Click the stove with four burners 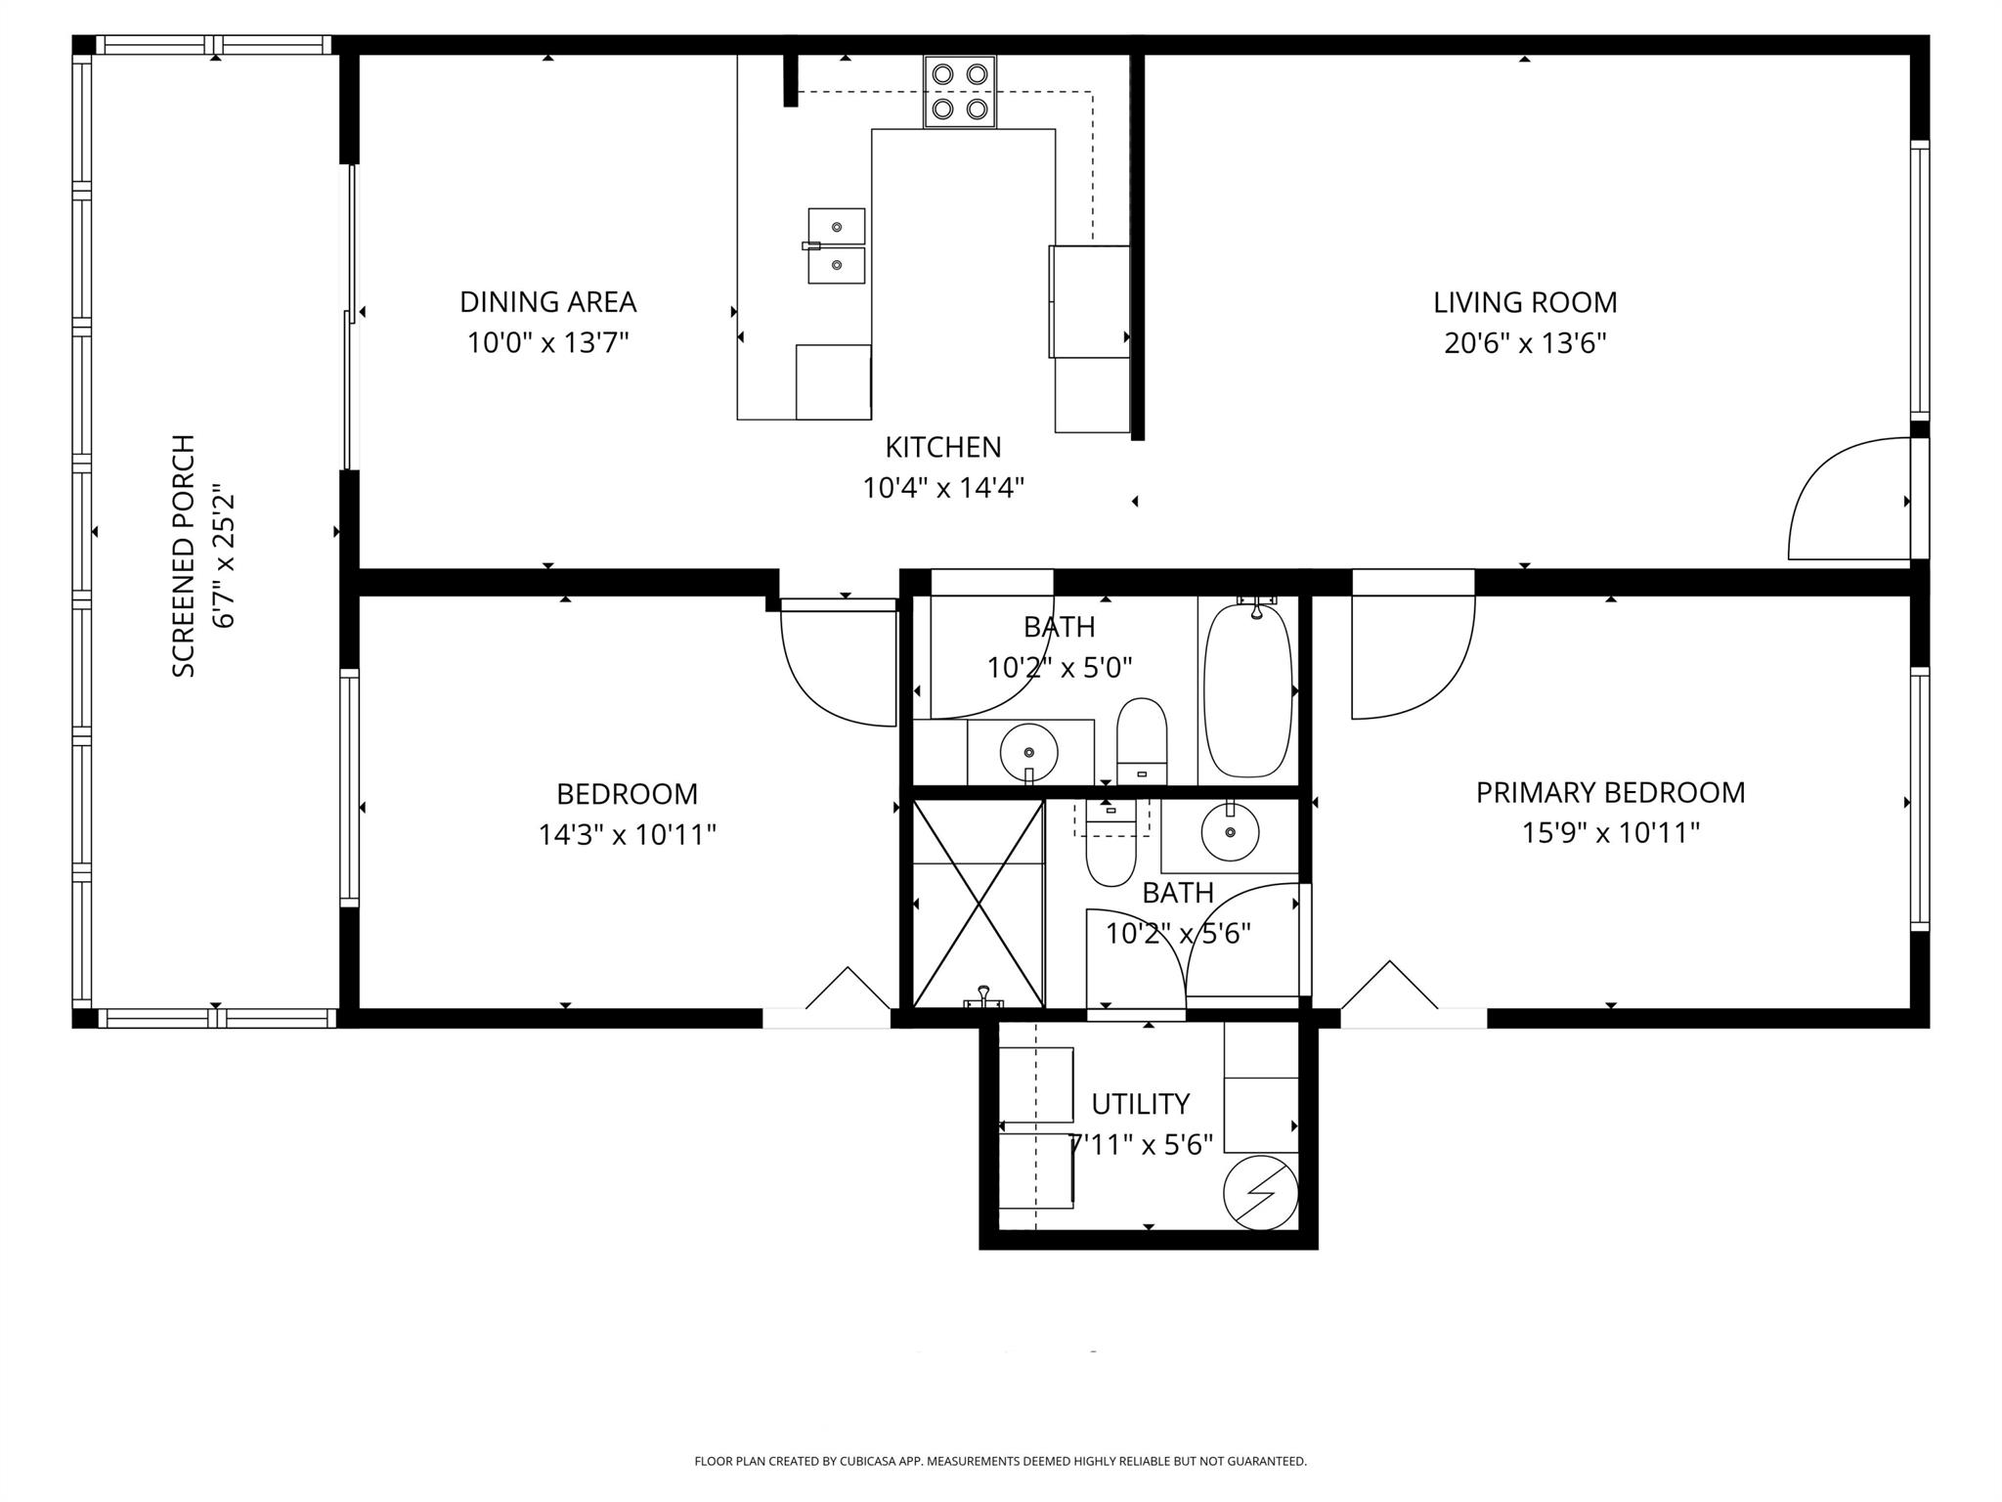point(960,91)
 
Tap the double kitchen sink point(836,245)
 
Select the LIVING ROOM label point(1525,302)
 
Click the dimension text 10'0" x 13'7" point(547,343)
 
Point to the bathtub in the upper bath point(1246,689)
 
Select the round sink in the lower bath point(1229,831)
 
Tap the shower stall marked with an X point(978,904)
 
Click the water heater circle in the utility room point(1260,1192)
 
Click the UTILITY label point(1140,1104)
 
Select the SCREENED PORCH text point(184,555)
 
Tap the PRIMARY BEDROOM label point(1610,792)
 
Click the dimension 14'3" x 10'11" point(627,835)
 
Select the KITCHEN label point(942,447)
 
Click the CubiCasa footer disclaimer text point(1000,1461)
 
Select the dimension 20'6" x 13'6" point(1525,343)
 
